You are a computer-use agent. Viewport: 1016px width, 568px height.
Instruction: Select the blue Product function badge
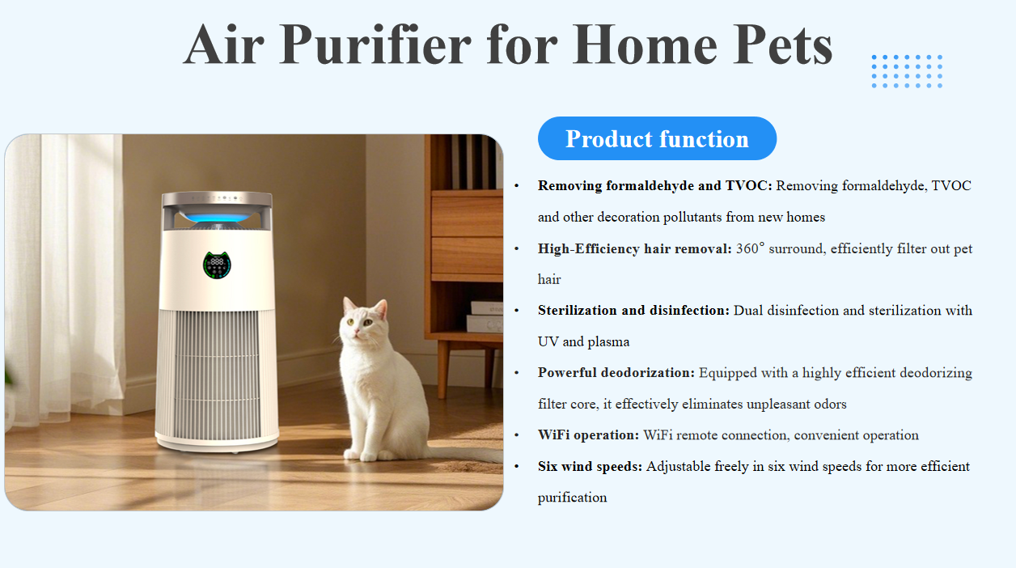657,138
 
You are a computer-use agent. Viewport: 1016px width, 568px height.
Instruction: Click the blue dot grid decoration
907,71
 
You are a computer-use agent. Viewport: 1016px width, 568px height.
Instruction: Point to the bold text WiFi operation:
588,435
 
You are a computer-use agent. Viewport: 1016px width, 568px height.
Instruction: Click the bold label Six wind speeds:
590,466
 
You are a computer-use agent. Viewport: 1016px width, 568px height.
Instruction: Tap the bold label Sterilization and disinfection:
633,311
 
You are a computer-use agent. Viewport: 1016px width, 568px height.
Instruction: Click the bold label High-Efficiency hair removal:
635,248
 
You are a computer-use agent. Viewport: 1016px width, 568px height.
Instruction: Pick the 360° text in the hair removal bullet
750,248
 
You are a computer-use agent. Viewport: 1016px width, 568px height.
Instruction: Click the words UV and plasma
583,341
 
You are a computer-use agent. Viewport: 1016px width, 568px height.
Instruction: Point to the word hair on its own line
549,279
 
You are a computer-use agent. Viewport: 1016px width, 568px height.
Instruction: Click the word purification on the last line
572,497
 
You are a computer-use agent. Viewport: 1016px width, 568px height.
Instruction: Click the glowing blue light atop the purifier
218,216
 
